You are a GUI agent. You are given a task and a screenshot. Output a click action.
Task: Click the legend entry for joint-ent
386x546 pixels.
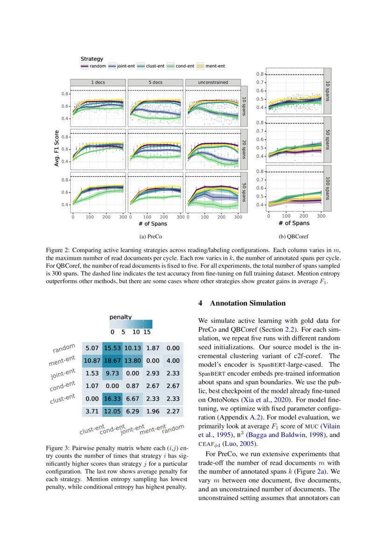point(123,66)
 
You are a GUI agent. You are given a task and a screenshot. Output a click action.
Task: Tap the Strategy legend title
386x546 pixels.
point(91,59)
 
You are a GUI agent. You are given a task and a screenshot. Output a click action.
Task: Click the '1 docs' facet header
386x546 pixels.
point(98,82)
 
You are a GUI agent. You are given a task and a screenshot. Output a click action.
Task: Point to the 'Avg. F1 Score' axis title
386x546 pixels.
point(56,148)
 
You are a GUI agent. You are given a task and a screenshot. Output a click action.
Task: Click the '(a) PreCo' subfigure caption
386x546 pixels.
point(154,236)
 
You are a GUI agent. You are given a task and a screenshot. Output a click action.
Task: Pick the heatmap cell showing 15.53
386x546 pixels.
point(112,348)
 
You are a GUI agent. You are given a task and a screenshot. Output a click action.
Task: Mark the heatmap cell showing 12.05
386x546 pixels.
point(112,411)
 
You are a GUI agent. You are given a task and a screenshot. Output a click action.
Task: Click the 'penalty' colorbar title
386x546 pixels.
point(120,317)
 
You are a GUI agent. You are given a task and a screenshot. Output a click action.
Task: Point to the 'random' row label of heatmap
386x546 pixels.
point(64,349)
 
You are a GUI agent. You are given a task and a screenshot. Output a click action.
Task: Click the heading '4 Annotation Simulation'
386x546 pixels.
point(242,304)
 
